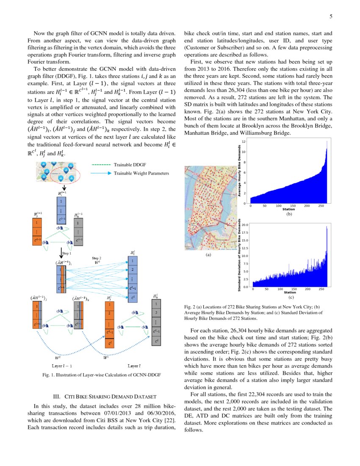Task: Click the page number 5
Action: coord(331,17)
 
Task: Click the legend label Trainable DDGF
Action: coord(127,165)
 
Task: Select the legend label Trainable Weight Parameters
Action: coord(141,173)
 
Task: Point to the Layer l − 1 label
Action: coord(62,365)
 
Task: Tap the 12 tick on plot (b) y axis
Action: coord(244,141)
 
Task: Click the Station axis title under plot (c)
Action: coord(290,293)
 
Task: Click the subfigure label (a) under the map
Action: coord(208,255)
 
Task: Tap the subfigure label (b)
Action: coord(289,214)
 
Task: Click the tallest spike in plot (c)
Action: coord(327,227)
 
